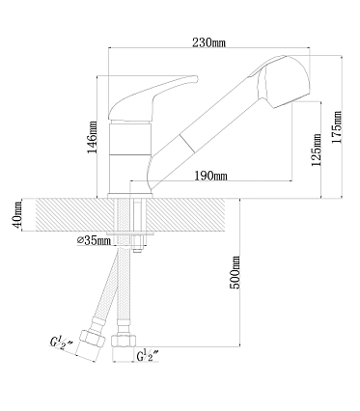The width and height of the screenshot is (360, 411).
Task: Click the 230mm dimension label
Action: (x=209, y=42)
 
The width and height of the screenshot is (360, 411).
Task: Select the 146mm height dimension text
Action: (x=93, y=137)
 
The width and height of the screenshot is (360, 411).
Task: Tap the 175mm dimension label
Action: (x=337, y=127)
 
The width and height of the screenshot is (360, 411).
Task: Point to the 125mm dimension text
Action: (x=317, y=150)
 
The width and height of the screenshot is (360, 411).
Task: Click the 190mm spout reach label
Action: (x=210, y=176)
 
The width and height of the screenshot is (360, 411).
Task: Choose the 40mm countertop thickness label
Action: (x=16, y=215)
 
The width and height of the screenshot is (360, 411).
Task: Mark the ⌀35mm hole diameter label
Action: (x=94, y=240)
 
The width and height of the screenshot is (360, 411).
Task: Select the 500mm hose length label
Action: (x=235, y=272)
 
